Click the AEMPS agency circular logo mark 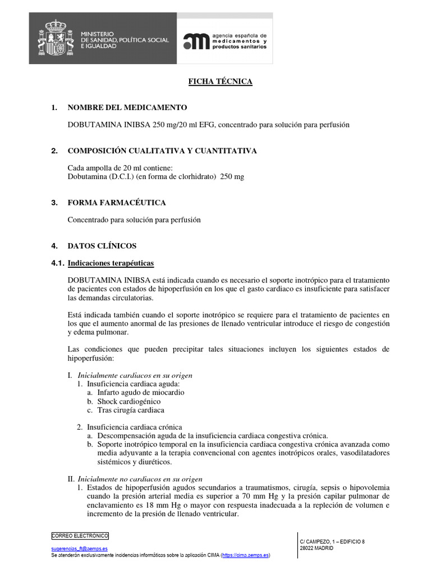tap(195, 42)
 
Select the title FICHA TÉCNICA tap(220, 82)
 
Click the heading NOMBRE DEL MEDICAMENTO tap(127, 107)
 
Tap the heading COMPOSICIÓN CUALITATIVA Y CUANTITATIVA tap(162, 151)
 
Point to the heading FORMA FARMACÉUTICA tap(117, 203)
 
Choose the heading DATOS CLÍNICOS tap(102, 246)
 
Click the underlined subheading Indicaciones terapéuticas tap(111, 263)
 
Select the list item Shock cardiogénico tap(129, 401)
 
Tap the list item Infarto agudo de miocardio tap(140, 393)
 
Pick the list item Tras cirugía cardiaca tap(131, 410)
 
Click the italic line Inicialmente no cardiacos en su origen tap(140, 479)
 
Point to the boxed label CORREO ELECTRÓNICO tap(80, 536)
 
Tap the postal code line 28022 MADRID tap(317, 548)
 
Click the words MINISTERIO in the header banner tap(97, 35)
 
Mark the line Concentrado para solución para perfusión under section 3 tap(134, 220)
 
